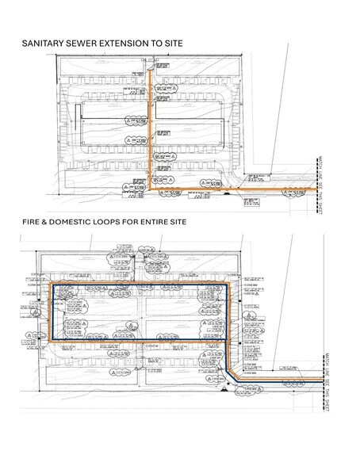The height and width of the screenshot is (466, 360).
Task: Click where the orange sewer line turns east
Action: coord(151,189)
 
